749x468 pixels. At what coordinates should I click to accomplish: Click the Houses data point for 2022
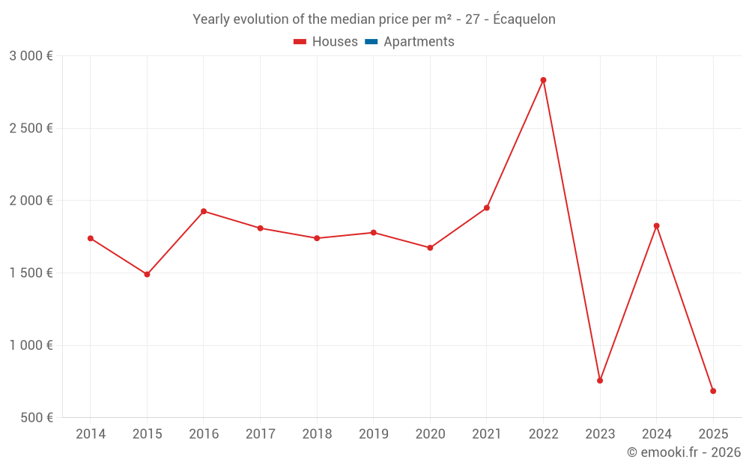point(543,80)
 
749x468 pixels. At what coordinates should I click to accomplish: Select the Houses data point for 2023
point(600,380)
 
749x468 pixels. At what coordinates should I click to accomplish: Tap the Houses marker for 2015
point(147,274)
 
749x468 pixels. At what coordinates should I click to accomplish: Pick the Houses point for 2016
point(204,211)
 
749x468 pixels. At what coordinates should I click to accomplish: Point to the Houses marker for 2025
point(713,391)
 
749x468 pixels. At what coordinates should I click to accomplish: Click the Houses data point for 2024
point(656,225)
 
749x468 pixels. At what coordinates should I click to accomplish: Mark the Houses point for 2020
point(430,248)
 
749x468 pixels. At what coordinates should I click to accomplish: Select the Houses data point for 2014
point(91,238)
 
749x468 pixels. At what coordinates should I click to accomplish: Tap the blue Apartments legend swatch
point(371,42)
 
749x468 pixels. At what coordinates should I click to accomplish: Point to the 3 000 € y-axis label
point(31,56)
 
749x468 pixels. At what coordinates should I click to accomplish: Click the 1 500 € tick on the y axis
point(31,273)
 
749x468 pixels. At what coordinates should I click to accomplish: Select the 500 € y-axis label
point(36,418)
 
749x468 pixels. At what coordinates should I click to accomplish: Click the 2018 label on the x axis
point(317,434)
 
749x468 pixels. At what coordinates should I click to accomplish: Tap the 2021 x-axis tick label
point(487,434)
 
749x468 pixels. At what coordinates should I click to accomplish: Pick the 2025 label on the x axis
point(713,434)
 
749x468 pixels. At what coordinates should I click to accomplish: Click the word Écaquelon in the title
point(524,19)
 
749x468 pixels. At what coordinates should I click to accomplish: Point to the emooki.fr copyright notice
point(683,452)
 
